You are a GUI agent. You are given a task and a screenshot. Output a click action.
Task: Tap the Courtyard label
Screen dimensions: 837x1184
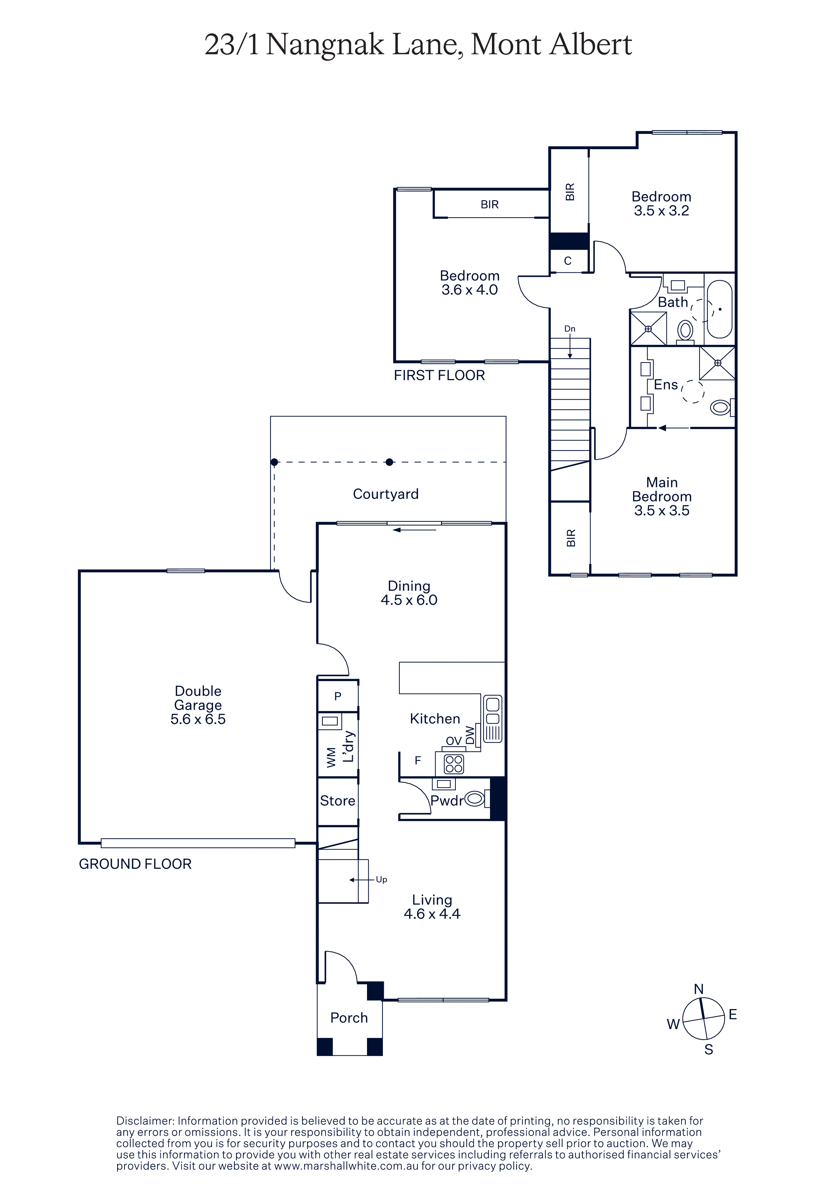(x=386, y=494)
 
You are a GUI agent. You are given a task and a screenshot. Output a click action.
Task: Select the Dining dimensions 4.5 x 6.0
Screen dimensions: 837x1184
(x=409, y=600)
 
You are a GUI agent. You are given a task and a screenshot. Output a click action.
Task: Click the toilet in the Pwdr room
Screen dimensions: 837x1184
(x=475, y=799)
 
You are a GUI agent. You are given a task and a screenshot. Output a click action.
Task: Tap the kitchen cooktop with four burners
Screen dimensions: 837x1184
(x=454, y=764)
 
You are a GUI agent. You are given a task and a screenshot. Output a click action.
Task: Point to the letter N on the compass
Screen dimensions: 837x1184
(x=699, y=989)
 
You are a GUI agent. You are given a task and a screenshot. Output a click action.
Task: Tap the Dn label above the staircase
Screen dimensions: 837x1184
(x=570, y=328)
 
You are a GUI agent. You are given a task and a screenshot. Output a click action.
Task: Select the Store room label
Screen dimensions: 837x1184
(x=337, y=801)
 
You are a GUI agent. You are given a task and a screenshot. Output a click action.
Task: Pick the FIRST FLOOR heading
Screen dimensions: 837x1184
(x=439, y=375)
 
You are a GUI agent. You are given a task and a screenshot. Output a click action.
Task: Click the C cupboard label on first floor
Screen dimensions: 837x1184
(x=568, y=261)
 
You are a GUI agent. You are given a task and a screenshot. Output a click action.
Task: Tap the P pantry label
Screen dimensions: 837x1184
(x=338, y=696)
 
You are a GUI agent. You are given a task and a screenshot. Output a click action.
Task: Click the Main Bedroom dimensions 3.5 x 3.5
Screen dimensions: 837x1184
(x=662, y=511)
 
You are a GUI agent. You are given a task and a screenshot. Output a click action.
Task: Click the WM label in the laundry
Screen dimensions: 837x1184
(x=332, y=757)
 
